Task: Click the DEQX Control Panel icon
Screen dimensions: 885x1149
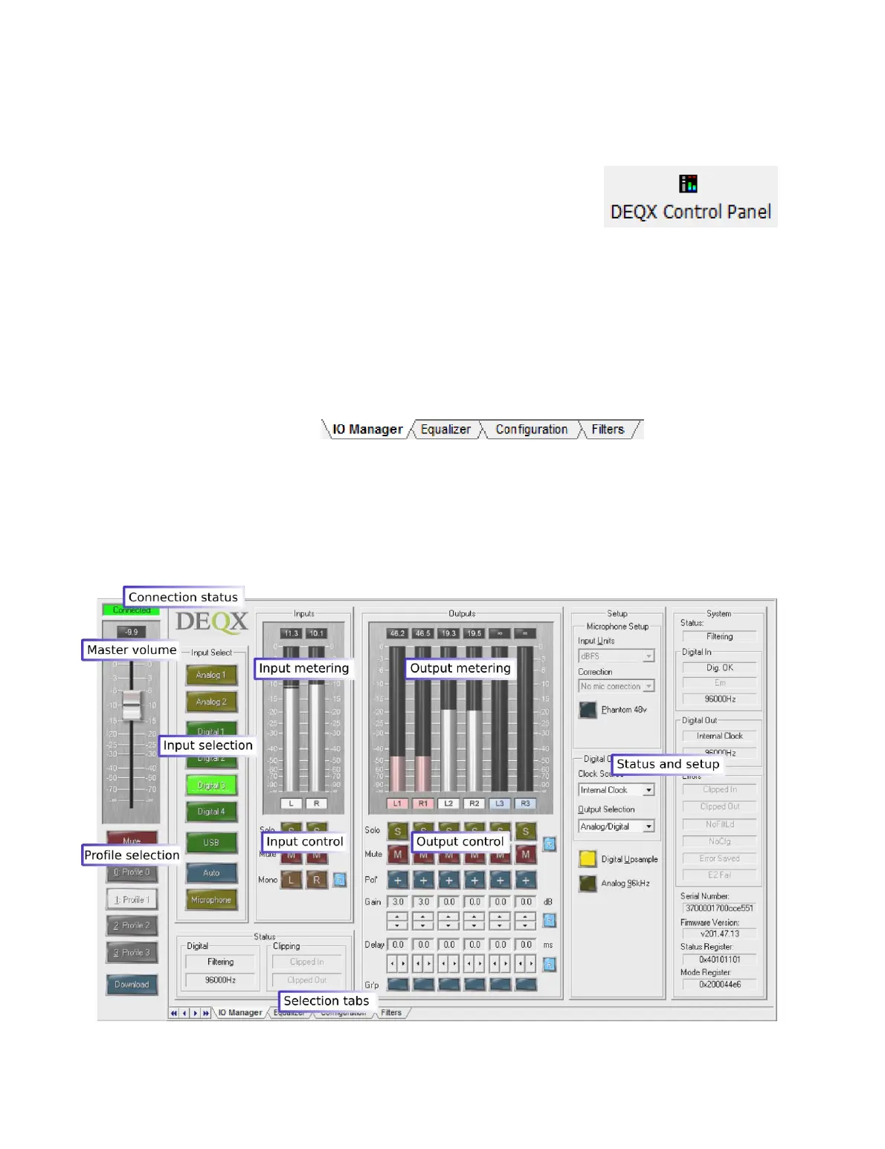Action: coord(688,184)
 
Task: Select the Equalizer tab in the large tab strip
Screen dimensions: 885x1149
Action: coord(445,430)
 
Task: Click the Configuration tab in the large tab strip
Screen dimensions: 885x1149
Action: coord(531,430)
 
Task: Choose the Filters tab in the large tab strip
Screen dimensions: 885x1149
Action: coord(608,430)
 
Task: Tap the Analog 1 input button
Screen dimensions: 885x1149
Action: coord(211,675)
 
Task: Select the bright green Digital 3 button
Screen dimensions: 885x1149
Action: coord(211,786)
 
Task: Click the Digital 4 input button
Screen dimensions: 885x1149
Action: coord(211,812)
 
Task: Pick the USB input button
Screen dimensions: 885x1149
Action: coord(211,843)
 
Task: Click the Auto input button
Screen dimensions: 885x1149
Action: coord(211,873)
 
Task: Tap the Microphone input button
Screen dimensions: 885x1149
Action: coord(211,900)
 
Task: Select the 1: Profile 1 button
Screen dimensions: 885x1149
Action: coord(132,900)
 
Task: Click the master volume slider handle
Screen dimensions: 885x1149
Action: coord(132,704)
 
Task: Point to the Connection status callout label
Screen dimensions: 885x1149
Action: coord(183,597)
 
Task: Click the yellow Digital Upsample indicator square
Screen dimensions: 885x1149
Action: coord(588,859)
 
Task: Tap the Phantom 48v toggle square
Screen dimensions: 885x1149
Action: coord(588,710)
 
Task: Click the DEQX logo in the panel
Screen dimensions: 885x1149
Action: coord(212,621)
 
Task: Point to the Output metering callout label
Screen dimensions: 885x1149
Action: coord(460,668)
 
